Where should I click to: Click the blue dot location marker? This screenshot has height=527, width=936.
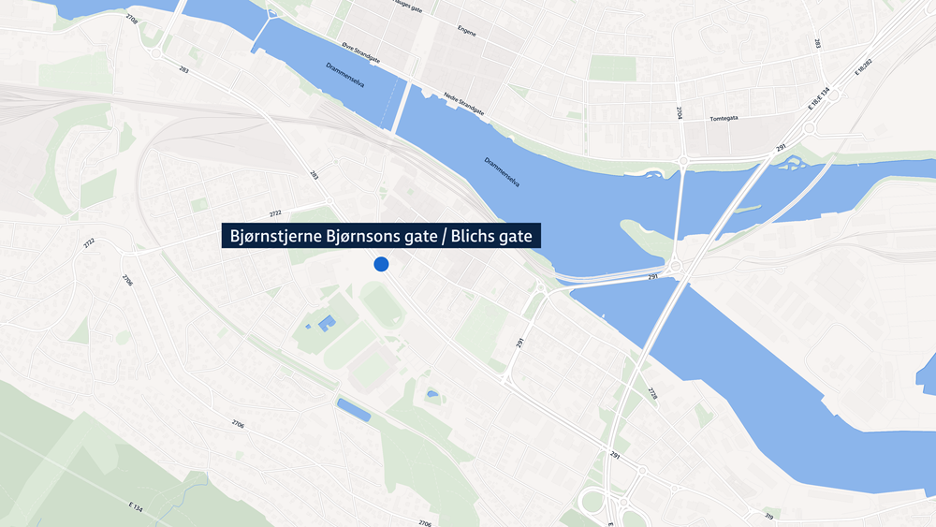pyautogui.click(x=381, y=264)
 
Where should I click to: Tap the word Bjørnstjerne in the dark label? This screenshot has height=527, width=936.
pyautogui.click(x=274, y=237)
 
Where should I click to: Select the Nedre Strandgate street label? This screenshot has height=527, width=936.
pyautogui.click(x=465, y=103)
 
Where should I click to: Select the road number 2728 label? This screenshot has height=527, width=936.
pyautogui.click(x=651, y=394)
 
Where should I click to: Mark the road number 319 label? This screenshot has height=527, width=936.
pyautogui.click(x=768, y=515)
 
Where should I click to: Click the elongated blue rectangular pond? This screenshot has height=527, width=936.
pyautogui.click(x=353, y=409)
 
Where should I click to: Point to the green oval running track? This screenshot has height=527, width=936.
pyautogui.click(x=382, y=306)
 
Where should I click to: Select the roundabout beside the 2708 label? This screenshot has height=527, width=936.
pyautogui.click(x=155, y=52)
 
